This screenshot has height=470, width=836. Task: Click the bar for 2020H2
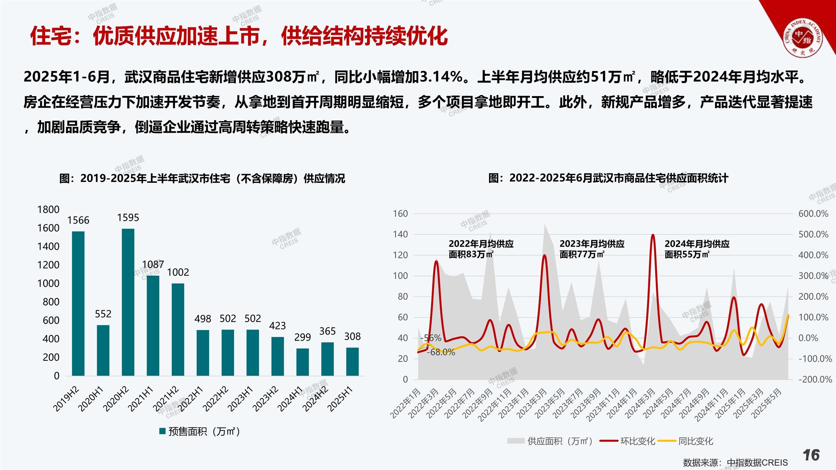tap(128, 302)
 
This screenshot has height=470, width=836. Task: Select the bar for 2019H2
tap(78, 304)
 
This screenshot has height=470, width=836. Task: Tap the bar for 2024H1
tap(302, 362)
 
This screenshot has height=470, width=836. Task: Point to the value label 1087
tap(153, 265)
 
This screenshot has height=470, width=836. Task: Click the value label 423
tap(277, 326)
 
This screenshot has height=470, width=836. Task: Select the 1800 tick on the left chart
tap(48, 210)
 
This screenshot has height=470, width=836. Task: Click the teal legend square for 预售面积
tap(162, 431)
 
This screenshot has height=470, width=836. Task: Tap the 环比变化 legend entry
tap(627, 441)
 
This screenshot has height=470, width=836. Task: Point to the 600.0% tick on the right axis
tap(813, 214)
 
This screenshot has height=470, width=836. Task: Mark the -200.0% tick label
tap(815, 379)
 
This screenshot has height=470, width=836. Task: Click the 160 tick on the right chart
tap(400, 214)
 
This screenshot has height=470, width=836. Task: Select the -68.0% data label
tap(441, 352)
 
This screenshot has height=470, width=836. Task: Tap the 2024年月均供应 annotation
tap(697, 249)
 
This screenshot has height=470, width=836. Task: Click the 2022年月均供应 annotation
tap(481, 249)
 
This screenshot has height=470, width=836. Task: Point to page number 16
tap(811, 455)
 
